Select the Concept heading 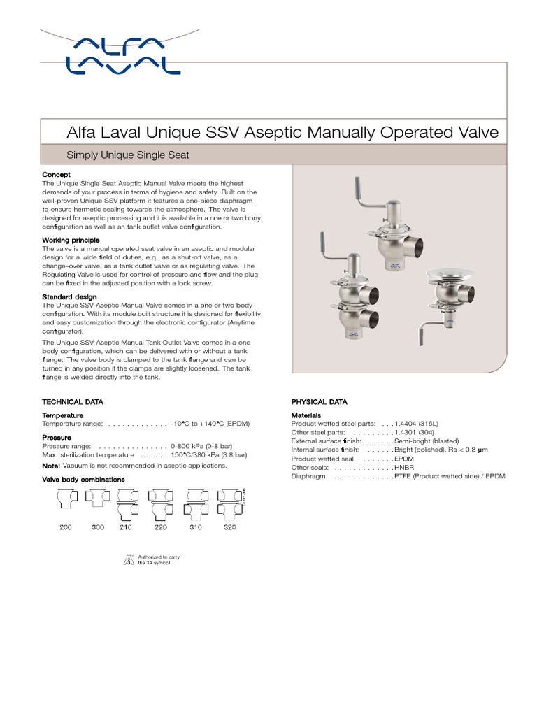click(x=56, y=174)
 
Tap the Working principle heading click(x=71, y=240)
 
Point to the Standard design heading click(x=69, y=297)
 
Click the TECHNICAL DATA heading click(x=73, y=402)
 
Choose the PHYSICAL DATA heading click(x=319, y=402)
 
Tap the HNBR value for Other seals click(x=405, y=467)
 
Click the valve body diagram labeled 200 click(x=65, y=499)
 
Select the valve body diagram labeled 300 click(x=96, y=498)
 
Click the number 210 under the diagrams click(x=126, y=527)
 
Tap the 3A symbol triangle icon click(x=127, y=560)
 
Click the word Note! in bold click(x=51, y=465)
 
